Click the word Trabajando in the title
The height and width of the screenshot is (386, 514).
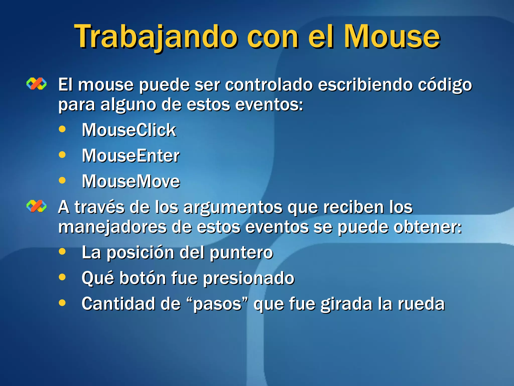click(156, 37)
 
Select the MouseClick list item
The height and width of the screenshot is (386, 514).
click(129, 130)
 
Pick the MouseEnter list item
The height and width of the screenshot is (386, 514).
click(131, 156)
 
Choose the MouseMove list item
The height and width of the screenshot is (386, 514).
click(131, 181)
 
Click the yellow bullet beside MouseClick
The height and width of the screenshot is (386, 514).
click(62, 129)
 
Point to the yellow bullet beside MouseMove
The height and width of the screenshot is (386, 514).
click(62, 180)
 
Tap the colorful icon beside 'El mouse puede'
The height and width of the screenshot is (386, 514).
click(37, 84)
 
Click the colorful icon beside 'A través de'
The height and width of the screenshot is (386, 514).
click(37, 206)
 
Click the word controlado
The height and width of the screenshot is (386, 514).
click(269, 84)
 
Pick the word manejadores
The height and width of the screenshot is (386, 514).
click(112, 227)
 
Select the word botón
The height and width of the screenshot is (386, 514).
click(143, 278)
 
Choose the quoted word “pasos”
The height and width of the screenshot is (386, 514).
click(218, 304)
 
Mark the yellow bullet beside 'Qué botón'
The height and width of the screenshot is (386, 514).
click(62, 277)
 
